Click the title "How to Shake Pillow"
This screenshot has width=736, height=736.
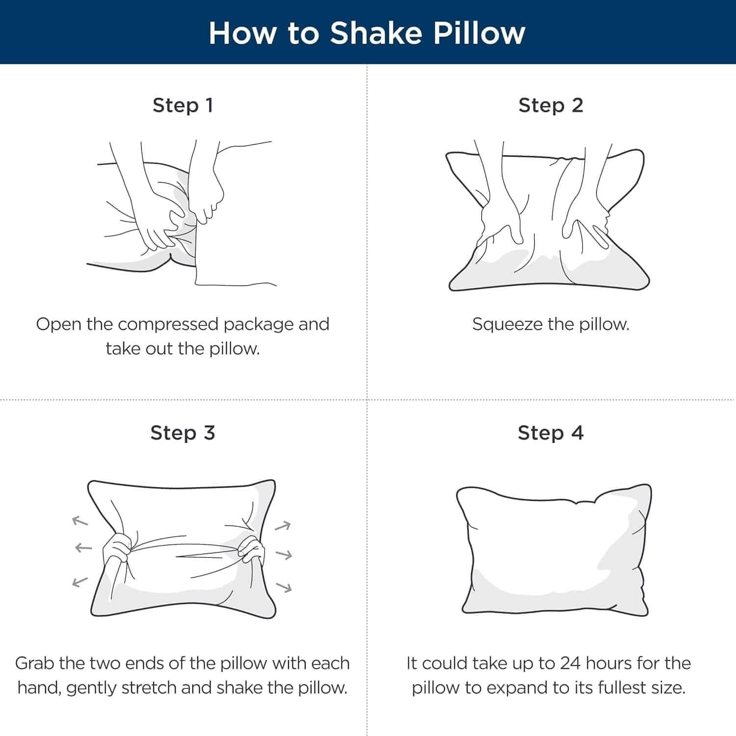367,33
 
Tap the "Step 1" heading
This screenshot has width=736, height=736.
183,105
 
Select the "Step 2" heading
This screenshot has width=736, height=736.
551,105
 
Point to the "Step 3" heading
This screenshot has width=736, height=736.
183,433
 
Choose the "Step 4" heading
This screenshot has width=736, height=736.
551,433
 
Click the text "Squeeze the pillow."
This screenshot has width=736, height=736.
551,324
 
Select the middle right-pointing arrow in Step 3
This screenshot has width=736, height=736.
284,555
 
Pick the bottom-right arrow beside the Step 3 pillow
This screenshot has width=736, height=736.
284,587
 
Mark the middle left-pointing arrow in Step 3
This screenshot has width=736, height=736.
83,548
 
